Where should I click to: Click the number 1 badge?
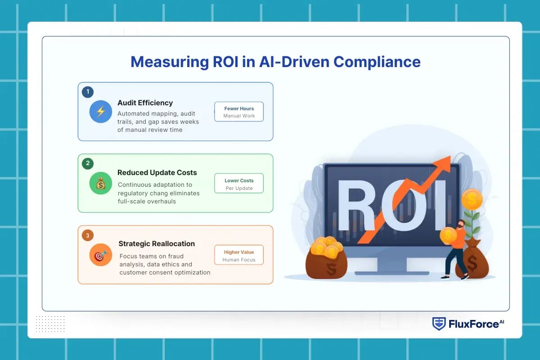click(87, 92)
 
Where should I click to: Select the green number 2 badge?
click(87, 163)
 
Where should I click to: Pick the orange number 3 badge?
click(87, 235)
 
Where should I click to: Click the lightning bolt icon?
click(100, 112)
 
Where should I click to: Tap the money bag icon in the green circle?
click(100, 183)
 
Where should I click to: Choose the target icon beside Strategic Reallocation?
click(100, 255)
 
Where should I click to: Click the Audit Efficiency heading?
click(145, 103)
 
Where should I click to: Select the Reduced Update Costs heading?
click(157, 172)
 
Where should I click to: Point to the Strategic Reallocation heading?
click(157, 243)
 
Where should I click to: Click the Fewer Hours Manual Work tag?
click(239, 112)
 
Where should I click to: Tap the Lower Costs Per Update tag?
click(239, 184)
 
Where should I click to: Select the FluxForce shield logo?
click(439, 324)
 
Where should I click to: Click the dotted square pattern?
click(50, 324)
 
